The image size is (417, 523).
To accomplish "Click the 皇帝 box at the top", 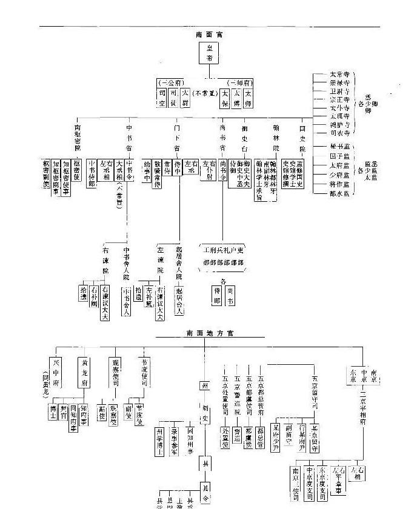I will tap(209, 55).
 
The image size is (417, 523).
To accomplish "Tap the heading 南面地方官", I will tap(209, 333).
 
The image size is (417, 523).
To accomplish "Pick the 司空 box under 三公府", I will tap(162, 98).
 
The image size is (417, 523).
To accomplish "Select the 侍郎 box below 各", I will tap(216, 295).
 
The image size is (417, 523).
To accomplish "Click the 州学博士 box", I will tap(159, 436).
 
